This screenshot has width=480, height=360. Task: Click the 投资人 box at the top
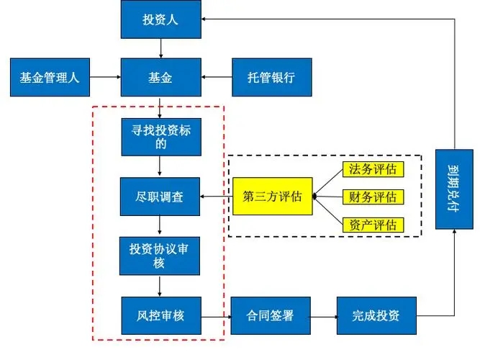click(x=160, y=19)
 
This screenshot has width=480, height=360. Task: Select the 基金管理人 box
click(x=50, y=77)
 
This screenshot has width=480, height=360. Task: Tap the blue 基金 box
click(x=160, y=77)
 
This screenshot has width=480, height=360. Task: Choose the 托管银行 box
click(x=272, y=77)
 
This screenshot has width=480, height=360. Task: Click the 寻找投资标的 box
click(x=160, y=136)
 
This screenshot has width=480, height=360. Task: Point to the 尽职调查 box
click(x=160, y=197)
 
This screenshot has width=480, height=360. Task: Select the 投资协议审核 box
click(x=160, y=256)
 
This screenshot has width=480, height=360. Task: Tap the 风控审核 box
click(x=160, y=315)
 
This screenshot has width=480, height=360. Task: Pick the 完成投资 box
click(x=376, y=315)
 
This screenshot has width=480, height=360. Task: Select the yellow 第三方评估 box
click(x=272, y=197)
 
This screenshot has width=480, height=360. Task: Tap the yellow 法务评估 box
click(x=373, y=170)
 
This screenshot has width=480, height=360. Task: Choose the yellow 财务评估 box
click(x=373, y=197)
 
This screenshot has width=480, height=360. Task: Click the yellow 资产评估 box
click(x=373, y=225)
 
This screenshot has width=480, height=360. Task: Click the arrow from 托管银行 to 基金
click(x=215, y=77)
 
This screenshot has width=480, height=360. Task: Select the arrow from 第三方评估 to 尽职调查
click(x=215, y=197)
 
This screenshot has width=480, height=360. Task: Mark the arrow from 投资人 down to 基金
click(x=160, y=48)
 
